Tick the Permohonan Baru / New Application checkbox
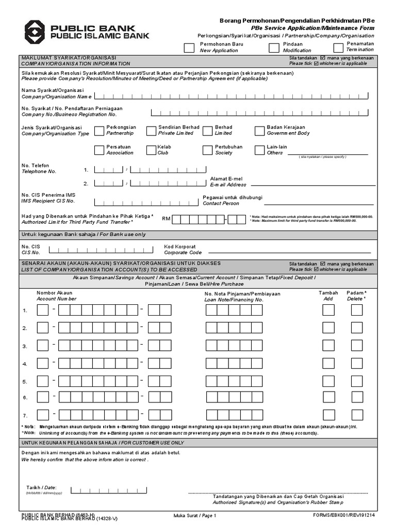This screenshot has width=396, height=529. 189,48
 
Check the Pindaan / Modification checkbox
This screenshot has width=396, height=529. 274,48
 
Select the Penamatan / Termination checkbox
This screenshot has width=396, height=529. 338,48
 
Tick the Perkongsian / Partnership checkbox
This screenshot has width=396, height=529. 99,131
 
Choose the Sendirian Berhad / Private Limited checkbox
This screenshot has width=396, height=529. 151,131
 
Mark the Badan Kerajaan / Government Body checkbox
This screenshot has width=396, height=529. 259,131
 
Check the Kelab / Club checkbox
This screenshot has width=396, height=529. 151,150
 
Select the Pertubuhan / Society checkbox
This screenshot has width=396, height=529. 207,150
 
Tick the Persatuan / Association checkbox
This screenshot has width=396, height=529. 99,150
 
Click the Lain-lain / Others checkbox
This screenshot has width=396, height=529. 259,150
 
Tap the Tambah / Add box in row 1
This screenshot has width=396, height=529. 328,310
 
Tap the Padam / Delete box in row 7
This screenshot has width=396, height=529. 357,415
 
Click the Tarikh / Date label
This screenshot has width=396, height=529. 41,488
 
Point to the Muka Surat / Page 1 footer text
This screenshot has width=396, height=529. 194,516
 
